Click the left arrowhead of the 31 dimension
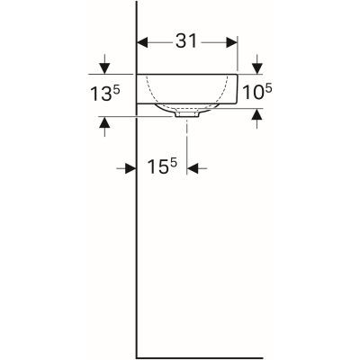tap(141, 41)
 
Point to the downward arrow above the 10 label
tap(257, 66)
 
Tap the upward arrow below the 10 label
tap(257, 114)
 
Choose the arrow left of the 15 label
tap(129, 167)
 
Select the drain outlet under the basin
tap(187, 115)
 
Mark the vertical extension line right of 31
tap(238, 54)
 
